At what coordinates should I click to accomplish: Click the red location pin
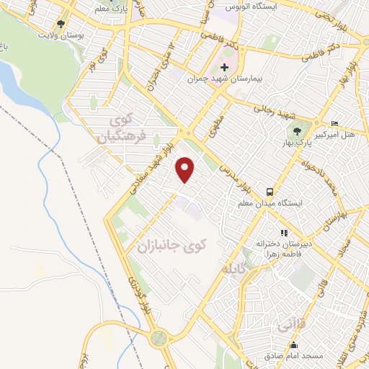(186, 169)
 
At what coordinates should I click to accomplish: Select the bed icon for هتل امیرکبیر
(333, 124)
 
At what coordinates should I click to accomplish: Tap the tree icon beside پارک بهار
(297, 130)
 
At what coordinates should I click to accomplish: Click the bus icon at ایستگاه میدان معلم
(269, 192)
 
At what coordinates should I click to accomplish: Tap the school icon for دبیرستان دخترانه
(285, 233)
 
